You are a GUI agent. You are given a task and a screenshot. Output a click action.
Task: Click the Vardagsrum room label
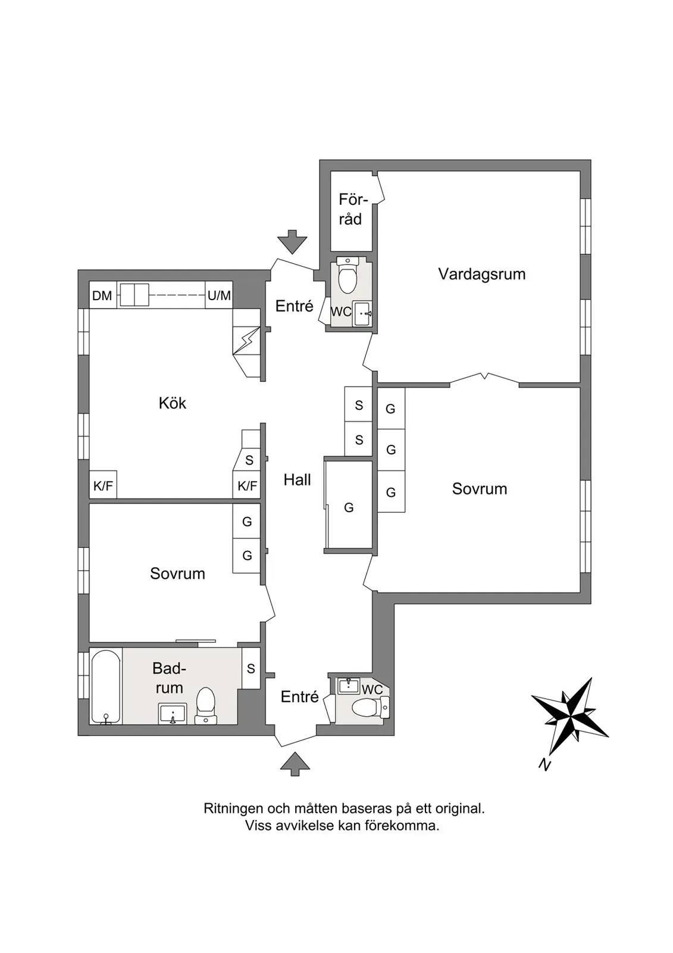pyautogui.click(x=481, y=275)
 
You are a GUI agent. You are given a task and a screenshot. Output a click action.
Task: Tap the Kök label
pyautogui.click(x=173, y=403)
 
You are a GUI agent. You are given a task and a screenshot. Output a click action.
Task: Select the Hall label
pyautogui.click(x=297, y=480)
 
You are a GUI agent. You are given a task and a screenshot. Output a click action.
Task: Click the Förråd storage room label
pyautogui.click(x=350, y=209)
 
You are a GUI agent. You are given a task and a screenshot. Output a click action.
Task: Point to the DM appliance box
pyautogui.click(x=102, y=295)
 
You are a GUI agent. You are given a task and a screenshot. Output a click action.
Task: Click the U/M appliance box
pyautogui.click(x=219, y=295)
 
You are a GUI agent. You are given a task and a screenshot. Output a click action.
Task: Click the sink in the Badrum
pyautogui.click(x=173, y=713)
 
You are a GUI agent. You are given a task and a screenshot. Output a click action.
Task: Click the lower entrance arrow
pyautogui.click(x=295, y=764)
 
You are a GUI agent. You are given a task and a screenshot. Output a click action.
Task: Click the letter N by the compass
pyautogui.click(x=544, y=765)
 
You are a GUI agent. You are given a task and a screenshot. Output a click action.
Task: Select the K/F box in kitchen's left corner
pyautogui.click(x=103, y=485)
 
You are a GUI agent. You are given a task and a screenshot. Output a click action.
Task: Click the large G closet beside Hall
pyautogui.click(x=349, y=507)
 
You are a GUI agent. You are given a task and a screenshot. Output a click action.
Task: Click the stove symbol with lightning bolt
pyautogui.click(x=246, y=340)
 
